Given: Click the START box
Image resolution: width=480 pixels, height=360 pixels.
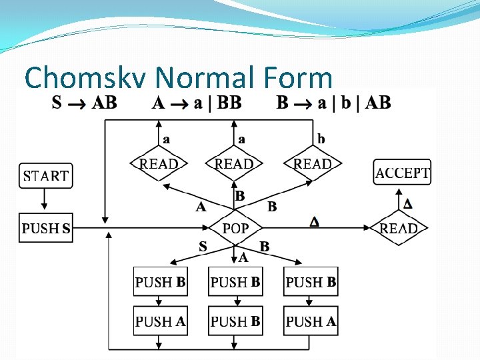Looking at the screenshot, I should point(45,176).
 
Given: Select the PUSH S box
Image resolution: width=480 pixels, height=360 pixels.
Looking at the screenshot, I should point(46,228).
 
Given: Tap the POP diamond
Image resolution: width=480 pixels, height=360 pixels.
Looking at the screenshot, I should point(236,228).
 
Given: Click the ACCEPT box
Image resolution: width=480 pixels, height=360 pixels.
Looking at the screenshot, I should point(402,173).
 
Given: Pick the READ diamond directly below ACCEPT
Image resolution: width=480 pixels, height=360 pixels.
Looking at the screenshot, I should point(399,228).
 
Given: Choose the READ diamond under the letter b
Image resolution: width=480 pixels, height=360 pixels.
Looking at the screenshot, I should point(313,163).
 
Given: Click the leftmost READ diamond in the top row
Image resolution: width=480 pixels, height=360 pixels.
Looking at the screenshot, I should point(159,163).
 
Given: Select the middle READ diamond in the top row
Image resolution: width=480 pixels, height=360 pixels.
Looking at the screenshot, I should point(234,163).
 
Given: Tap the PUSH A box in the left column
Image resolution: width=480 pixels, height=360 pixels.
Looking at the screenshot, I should point(160,321).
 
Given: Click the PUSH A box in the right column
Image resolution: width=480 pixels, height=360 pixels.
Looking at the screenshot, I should point(311,321).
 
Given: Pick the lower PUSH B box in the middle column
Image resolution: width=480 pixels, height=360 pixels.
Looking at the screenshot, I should point(235,321).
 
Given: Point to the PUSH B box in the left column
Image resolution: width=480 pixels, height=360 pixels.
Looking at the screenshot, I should point(160,282).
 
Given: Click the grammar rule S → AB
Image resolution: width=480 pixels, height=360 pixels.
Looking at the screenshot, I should point(84,103).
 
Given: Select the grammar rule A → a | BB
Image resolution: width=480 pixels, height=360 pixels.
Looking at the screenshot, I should point(197,103).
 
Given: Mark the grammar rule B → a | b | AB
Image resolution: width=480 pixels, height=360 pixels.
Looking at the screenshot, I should point(333,103).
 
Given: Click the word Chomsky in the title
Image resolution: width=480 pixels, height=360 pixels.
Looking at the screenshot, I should point(85,79).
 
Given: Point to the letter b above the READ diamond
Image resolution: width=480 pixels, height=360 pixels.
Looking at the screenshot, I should point(321,139).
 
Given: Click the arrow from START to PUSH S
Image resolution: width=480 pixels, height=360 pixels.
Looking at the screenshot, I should point(45,199).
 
